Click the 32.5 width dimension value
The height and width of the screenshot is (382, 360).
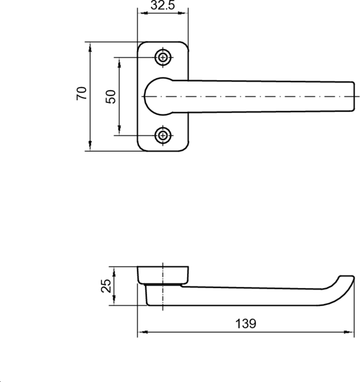point(163,5)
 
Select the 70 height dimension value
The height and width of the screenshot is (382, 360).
point(81,93)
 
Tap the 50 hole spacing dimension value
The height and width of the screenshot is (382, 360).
point(111,97)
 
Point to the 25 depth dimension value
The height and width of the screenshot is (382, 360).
point(106,286)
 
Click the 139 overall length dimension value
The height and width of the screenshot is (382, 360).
point(246,324)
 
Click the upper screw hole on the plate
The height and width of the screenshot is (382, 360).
point(163,58)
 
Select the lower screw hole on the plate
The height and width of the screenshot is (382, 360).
point(163,135)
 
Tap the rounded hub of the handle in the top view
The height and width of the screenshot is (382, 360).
point(153,96)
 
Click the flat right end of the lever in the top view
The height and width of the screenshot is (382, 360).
point(354,96)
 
